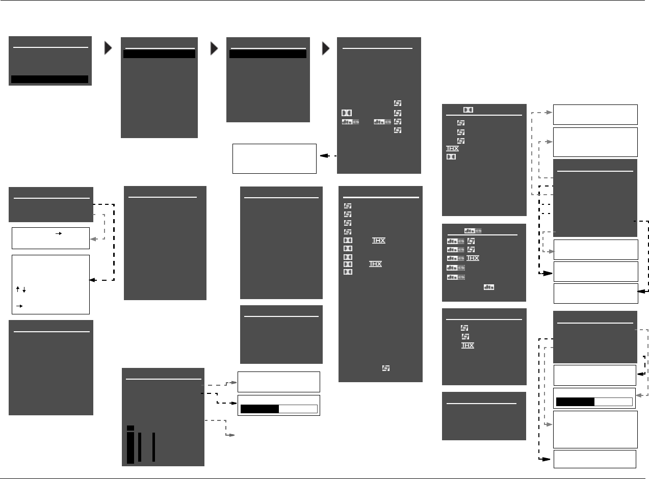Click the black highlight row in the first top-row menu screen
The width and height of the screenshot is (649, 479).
click(x=49, y=79)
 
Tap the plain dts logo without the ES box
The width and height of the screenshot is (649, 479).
click(x=489, y=287)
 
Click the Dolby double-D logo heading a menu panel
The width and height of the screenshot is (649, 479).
click(x=468, y=110)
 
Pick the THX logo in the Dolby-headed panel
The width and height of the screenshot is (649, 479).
click(x=452, y=149)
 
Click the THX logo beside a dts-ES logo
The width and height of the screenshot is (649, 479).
click(x=473, y=258)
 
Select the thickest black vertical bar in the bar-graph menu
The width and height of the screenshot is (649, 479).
click(x=131, y=446)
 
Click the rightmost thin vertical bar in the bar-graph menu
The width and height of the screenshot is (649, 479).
click(x=153, y=447)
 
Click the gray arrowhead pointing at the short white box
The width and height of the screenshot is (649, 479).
click(x=92, y=238)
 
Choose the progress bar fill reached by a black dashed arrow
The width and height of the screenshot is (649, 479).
click(x=259, y=409)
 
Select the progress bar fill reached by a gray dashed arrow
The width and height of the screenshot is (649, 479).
click(x=575, y=402)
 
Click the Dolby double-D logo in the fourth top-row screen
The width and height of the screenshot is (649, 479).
click(x=347, y=113)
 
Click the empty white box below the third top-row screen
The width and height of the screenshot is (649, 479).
click(x=274, y=158)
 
